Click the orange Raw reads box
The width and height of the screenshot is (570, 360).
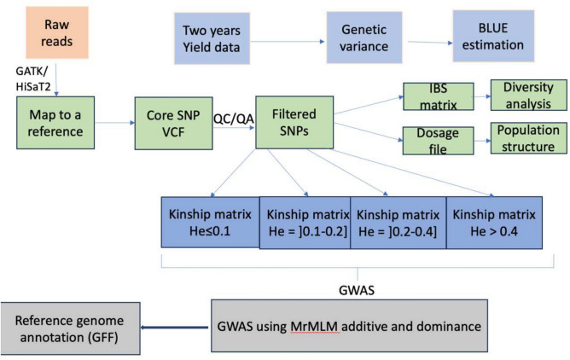tap(57, 32)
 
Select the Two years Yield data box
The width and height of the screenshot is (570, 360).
tap(212, 38)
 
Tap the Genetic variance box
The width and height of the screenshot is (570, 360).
tap(364, 38)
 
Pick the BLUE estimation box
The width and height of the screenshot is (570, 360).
tap(493, 36)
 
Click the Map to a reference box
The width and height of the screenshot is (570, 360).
tap(55, 123)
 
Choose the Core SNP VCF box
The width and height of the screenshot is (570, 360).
tap(174, 123)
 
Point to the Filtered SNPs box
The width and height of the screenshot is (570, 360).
tap(294, 123)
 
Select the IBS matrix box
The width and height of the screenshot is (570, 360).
tap(439, 96)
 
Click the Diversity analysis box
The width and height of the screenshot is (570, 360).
tap(528, 96)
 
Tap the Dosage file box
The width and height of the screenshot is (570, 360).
tap(438, 141)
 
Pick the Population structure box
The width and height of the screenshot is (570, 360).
tap(528, 138)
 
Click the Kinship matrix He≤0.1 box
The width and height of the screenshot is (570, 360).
tap(211, 223)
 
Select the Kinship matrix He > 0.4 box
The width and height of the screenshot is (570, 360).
tap(494, 223)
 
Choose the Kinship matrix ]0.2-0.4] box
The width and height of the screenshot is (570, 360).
tap(398, 223)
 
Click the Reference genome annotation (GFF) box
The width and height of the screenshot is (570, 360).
tap(70, 328)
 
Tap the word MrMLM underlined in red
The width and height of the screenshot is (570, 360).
tap(314, 327)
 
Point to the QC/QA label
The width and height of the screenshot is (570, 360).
tap(234, 119)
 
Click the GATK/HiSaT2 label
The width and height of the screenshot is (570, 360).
tap(33, 79)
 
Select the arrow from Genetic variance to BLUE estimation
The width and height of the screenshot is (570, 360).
tap(430, 42)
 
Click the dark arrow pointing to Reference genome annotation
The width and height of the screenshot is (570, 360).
tap(175, 328)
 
